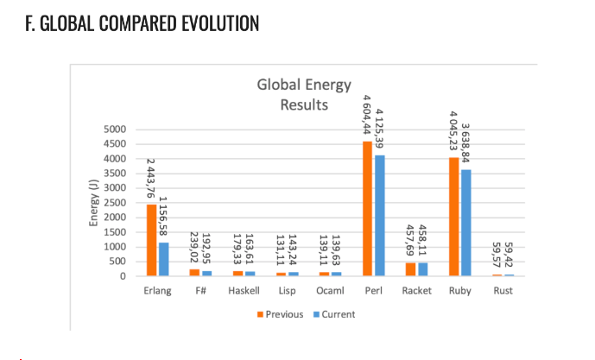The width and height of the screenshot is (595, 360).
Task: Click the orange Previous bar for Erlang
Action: (151, 240)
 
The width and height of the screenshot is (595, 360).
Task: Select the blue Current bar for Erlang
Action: (163, 259)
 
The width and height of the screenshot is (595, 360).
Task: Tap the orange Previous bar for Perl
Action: (367, 209)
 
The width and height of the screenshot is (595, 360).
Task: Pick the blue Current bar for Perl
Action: (380, 216)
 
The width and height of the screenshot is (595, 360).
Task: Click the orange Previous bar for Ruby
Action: (454, 217)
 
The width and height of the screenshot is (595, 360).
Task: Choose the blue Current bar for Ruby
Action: (466, 223)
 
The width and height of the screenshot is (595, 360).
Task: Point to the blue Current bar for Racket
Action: (423, 269)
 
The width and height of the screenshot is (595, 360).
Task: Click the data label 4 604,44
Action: (366, 115)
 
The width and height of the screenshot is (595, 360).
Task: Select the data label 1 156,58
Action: (163, 216)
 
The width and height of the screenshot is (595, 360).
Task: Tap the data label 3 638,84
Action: (465, 143)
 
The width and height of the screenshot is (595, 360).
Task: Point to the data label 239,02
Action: (194, 247)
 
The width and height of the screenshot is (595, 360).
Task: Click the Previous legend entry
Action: (280, 314)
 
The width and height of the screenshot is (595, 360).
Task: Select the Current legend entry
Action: (334, 314)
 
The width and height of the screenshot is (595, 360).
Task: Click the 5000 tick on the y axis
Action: (115, 129)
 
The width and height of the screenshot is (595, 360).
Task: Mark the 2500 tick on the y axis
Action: (115, 203)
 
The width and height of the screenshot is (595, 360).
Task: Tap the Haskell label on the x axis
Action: (244, 291)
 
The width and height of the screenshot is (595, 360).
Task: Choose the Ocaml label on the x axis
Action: (330, 291)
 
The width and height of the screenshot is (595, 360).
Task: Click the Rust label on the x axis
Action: (503, 291)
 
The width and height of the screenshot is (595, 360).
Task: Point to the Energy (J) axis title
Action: (93, 203)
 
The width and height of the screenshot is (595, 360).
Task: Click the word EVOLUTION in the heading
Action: (220, 23)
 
